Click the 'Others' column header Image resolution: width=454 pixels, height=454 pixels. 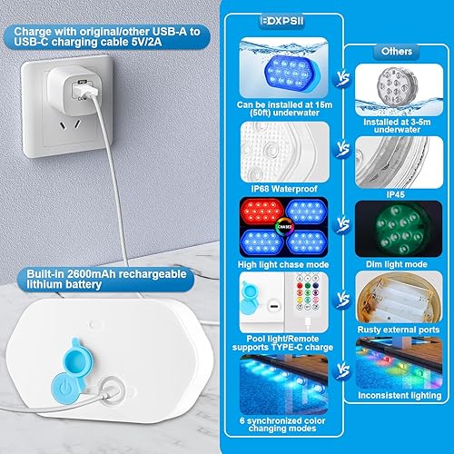(398, 53)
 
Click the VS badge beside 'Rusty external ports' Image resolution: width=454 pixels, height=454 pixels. (343, 296)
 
